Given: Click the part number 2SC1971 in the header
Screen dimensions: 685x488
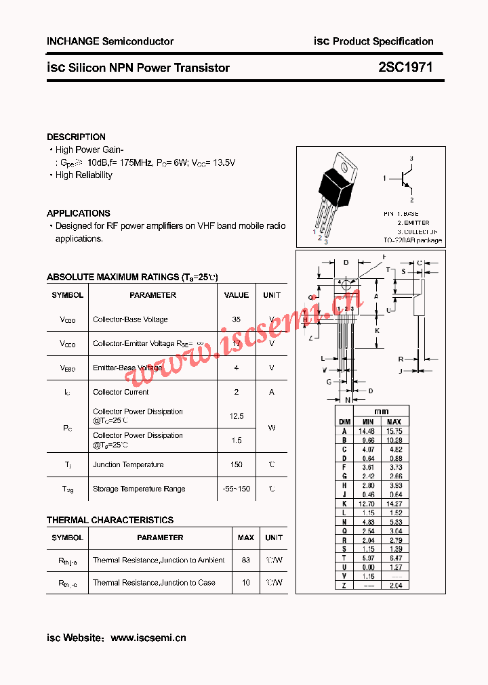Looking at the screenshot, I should point(405,68).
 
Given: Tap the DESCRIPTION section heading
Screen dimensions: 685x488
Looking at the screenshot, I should point(76,137).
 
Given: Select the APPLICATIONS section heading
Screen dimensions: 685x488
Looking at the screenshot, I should point(79,213).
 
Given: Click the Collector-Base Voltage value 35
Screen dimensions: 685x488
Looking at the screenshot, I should point(236,319).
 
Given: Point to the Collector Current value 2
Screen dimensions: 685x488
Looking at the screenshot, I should point(236,392).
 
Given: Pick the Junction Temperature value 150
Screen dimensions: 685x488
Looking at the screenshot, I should point(236,464).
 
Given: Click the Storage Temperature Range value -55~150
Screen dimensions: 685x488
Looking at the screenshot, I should point(236,489).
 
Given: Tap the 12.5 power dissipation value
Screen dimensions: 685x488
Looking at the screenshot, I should point(236,416).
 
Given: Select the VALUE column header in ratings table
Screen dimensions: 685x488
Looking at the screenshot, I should point(236,295).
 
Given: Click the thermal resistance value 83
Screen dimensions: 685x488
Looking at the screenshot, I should point(245,560).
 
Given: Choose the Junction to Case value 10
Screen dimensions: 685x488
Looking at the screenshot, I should point(245,582).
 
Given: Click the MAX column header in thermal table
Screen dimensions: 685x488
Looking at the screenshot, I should point(245,537).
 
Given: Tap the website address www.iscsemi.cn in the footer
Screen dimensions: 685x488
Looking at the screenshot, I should point(148,638).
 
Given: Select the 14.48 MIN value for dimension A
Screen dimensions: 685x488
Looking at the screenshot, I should point(367,430).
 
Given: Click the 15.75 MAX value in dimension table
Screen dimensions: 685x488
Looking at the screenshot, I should point(394,430).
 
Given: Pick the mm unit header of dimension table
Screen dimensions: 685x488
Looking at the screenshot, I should point(381,412).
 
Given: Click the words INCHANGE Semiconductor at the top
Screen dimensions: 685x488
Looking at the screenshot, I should point(110,41).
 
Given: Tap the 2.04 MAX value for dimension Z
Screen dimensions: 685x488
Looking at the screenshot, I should point(394,585).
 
